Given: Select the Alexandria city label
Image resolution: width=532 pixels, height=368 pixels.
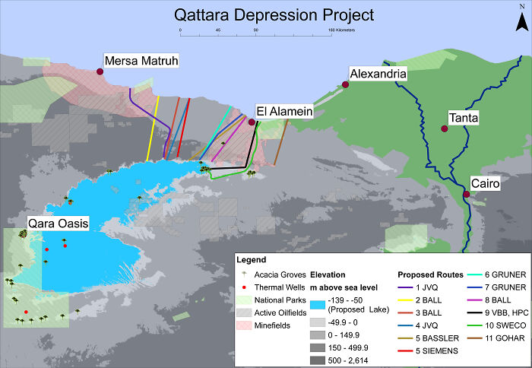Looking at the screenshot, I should tap(378, 74).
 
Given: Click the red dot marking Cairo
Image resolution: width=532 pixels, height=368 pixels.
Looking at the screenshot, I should tap(466, 195).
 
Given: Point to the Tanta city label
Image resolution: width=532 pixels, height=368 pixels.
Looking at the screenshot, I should tap(464, 118).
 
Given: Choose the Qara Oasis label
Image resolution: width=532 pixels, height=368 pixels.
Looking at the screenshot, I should tap(59, 224).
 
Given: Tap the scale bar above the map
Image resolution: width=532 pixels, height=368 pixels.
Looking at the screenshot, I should tap(255, 30).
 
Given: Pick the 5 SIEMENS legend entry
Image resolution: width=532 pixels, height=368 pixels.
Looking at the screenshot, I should tap(430, 351).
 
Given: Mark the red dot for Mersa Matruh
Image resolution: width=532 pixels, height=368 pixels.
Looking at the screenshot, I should tap(100, 72).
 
